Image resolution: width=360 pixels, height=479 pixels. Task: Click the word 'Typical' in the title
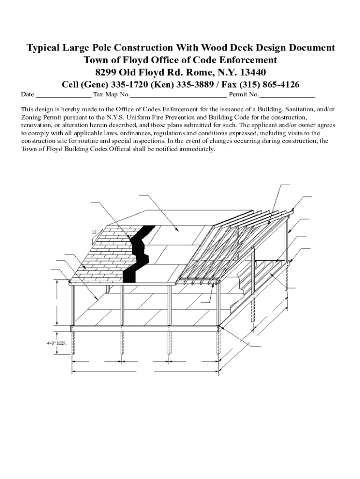43,48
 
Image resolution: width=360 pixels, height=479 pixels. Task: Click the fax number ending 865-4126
280,85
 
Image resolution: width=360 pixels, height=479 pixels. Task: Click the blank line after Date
64,95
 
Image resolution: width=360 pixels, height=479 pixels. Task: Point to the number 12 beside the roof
94,232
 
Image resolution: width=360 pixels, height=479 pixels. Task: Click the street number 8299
106,73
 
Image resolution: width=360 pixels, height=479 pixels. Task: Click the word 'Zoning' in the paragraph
32,117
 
